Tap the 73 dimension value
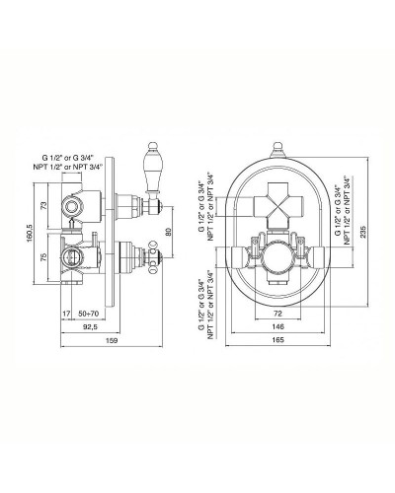pos(43,206)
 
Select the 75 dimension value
pos(43,256)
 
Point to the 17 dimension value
pos(66,314)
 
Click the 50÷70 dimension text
pos(89,314)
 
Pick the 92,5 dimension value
pos(90,327)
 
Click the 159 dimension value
pos(112,340)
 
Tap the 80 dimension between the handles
pos(168,232)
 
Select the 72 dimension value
pos(277,314)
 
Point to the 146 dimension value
pos(278,326)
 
